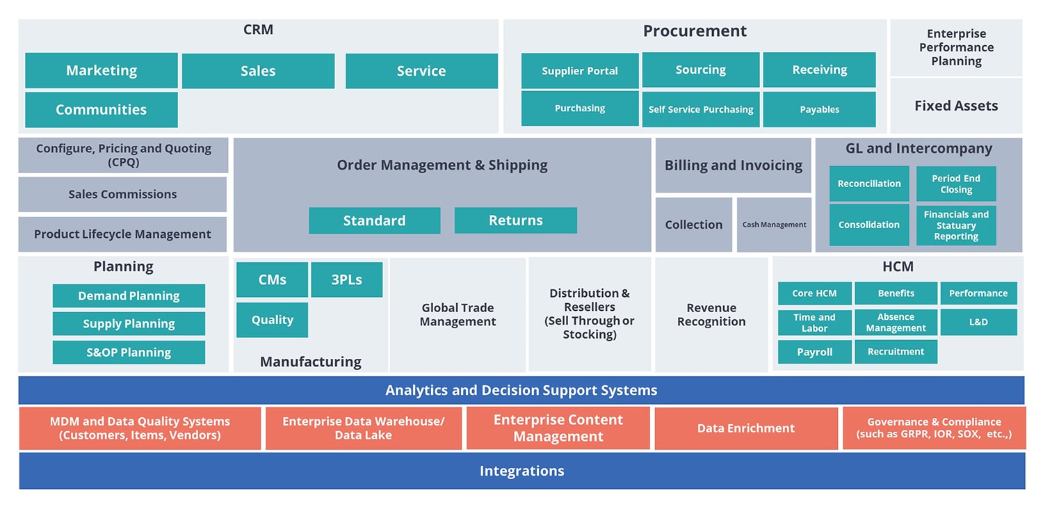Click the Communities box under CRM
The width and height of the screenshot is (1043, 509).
tap(102, 110)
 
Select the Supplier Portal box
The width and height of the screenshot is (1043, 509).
tap(580, 71)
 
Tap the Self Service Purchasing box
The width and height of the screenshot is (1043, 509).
tap(701, 110)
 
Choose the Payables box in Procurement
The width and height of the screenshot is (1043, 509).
tap(819, 110)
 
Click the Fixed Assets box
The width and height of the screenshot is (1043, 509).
tap(956, 106)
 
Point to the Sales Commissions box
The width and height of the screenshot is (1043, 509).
tap(122, 195)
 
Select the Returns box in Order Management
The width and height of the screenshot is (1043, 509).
tap(515, 220)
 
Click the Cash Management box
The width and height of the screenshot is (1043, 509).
tap(774, 225)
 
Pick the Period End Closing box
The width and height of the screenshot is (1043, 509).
tap(956, 184)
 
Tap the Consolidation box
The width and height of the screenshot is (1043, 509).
tap(869, 225)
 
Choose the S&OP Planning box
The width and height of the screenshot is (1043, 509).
tap(129, 352)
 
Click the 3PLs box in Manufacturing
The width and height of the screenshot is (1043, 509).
tap(346, 280)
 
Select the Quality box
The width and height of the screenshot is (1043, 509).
tap(272, 320)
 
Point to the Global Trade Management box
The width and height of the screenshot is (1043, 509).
tap(458, 315)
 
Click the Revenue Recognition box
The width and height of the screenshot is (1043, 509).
tap(711, 315)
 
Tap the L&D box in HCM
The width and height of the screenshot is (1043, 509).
tap(978, 322)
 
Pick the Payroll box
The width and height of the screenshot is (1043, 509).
tap(814, 352)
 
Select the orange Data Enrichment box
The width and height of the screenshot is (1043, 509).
tap(746, 428)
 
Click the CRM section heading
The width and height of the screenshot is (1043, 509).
tap(258, 30)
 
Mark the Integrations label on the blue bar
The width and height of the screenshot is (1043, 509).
tap(521, 471)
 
